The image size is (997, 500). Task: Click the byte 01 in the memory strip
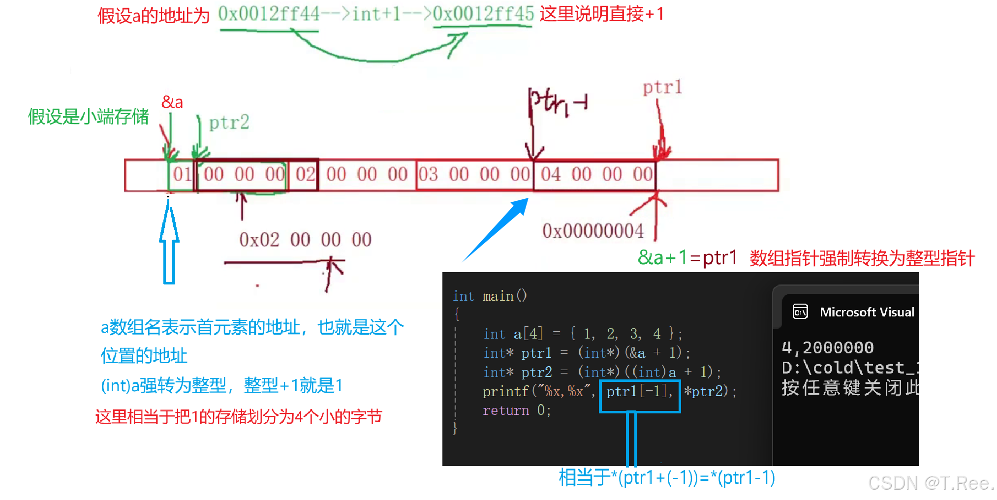pyautogui.click(x=182, y=174)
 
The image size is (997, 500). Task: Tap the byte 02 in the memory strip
pyautogui.click(x=305, y=174)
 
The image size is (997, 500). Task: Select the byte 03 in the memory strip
pyautogui.click(x=428, y=174)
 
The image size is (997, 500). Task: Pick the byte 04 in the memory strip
pyautogui.click(x=551, y=174)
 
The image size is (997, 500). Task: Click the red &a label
pyautogui.click(x=172, y=102)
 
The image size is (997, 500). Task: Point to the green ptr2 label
pyautogui.click(x=229, y=123)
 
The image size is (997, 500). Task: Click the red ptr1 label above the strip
pyautogui.click(x=662, y=88)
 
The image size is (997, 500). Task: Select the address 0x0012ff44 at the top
pyautogui.click(x=269, y=14)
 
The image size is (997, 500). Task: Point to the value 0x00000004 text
pyautogui.click(x=592, y=231)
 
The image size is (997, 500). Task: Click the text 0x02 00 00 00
pyautogui.click(x=305, y=240)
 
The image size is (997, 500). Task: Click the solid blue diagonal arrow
pyautogui.click(x=497, y=229)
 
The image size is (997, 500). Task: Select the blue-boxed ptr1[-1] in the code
pyautogui.click(x=639, y=392)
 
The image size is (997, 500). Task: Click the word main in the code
pyautogui.click(x=498, y=296)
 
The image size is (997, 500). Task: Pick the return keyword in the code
pyautogui.click(x=506, y=410)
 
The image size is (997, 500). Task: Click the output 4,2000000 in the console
pyautogui.click(x=827, y=348)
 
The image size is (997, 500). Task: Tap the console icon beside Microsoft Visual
pyautogui.click(x=800, y=312)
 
